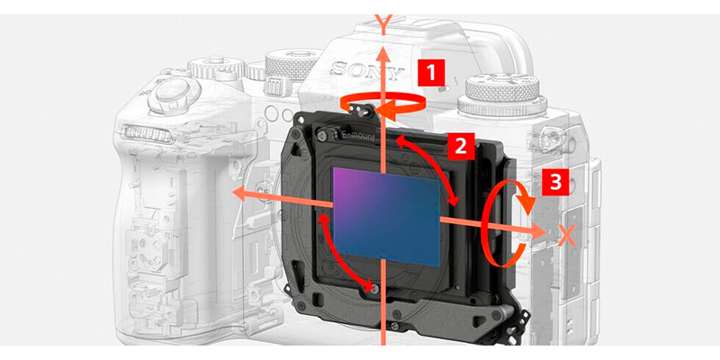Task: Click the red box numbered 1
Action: tap(431, 72)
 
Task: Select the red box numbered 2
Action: tap(461, 146)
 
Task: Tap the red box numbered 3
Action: tap(555, 183)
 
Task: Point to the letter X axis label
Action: tap(568, 236)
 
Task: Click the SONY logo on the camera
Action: tap(367, 70)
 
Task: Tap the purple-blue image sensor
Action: tap(387, 217)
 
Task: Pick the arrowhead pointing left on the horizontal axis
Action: tap(241, 193)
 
